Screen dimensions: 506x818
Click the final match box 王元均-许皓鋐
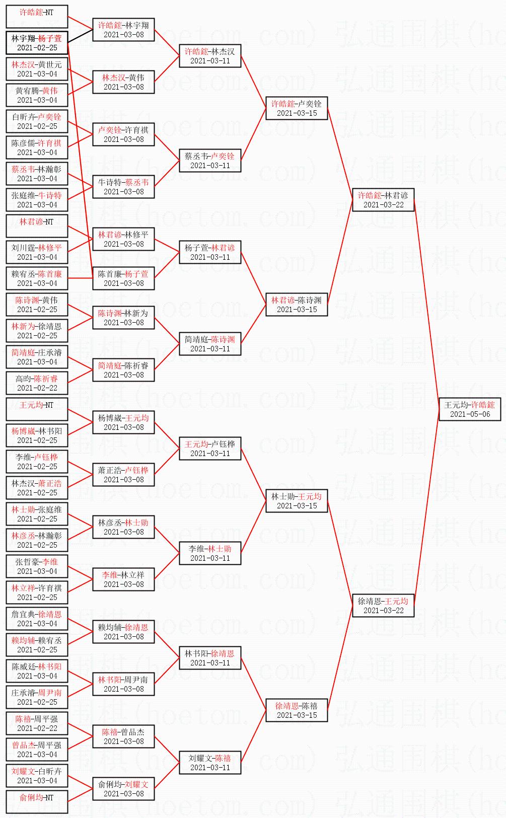click(x=469, y=409)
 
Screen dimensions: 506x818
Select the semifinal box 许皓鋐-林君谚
click(x=383, y=200)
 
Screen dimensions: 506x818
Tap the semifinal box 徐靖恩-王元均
click(x=383, y=606)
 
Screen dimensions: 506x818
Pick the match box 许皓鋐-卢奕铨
click(x=297, y=108)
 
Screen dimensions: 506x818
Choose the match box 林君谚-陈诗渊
click(x=297, y=305)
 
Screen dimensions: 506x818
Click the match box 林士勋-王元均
click(x=297, y=501)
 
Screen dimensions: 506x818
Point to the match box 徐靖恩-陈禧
click(x=297, y=710)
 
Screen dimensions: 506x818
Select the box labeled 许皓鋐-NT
click(x=37, y=17)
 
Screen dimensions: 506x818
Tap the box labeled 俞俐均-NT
click(x=37, y=802)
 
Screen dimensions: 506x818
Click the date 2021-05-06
click(x=469, y=414)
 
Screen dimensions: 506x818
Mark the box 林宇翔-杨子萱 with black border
click(x=37, y=43)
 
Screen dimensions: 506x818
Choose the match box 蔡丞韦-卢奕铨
click(x=210, y=161)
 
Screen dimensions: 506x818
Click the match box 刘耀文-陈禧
click(x=210, y=763)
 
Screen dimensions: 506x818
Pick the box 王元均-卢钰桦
click(x=210, y=449)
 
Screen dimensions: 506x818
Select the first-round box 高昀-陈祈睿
click(x=37, y=383)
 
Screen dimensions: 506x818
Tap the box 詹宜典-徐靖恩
click(x=37, y=619)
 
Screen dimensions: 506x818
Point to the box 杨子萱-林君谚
click(x=210, y=252)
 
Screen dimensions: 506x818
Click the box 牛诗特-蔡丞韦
click(x=123, y=187)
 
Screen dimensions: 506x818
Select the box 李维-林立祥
click(x=123, y=579)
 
